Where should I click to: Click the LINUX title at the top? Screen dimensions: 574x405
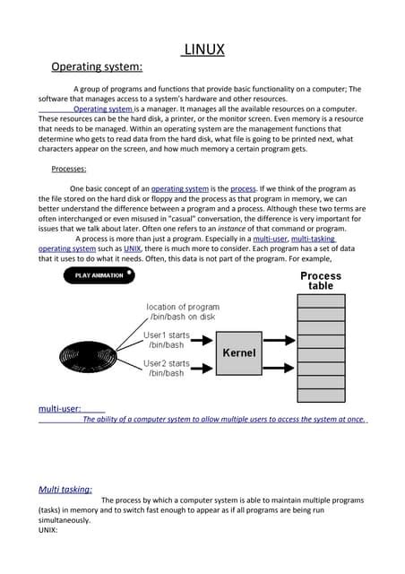coord(202,49)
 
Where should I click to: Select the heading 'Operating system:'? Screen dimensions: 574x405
coord(97,67)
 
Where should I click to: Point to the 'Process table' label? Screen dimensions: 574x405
coord(320,281)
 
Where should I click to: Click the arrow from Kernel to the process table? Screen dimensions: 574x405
coord(280,352)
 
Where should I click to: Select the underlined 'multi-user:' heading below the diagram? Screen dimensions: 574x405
coord(60,409)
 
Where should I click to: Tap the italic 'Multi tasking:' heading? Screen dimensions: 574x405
coord(65,490)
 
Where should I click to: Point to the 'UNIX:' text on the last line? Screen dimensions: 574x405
coord(48,530)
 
